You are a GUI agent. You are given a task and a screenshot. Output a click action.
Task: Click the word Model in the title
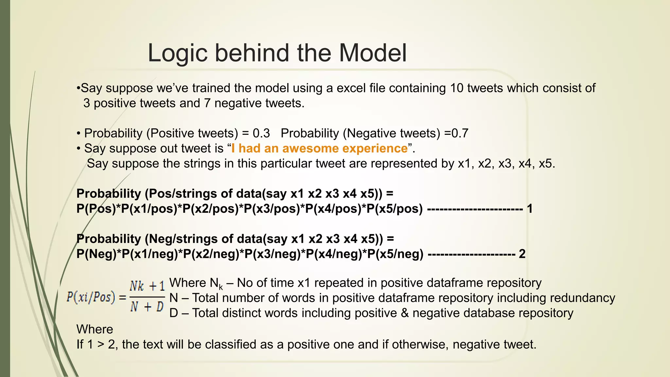[x=373, y=53]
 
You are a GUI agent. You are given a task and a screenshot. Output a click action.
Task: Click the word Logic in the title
[x=177, y=53]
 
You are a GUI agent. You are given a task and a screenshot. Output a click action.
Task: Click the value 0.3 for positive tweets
[x=261, y=133]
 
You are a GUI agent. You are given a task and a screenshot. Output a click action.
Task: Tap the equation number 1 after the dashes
[x=529, y=208]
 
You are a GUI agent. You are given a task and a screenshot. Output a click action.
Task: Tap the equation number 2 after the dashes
[x=522, y=254]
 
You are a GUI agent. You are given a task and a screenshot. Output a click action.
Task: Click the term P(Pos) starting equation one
[x=96, y=208]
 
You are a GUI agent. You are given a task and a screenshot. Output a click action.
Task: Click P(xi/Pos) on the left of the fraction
[x=91, y=297]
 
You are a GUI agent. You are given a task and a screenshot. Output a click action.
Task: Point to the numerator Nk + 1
[x=147, y=286]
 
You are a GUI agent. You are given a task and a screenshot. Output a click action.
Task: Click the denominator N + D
[x=147, y=307]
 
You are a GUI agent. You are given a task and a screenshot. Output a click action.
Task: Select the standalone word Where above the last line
[x=95, y=329]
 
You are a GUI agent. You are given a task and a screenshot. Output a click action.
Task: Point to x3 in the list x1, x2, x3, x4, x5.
[x=505, y=163]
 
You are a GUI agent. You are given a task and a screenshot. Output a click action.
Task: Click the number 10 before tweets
[x=457, y=88]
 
